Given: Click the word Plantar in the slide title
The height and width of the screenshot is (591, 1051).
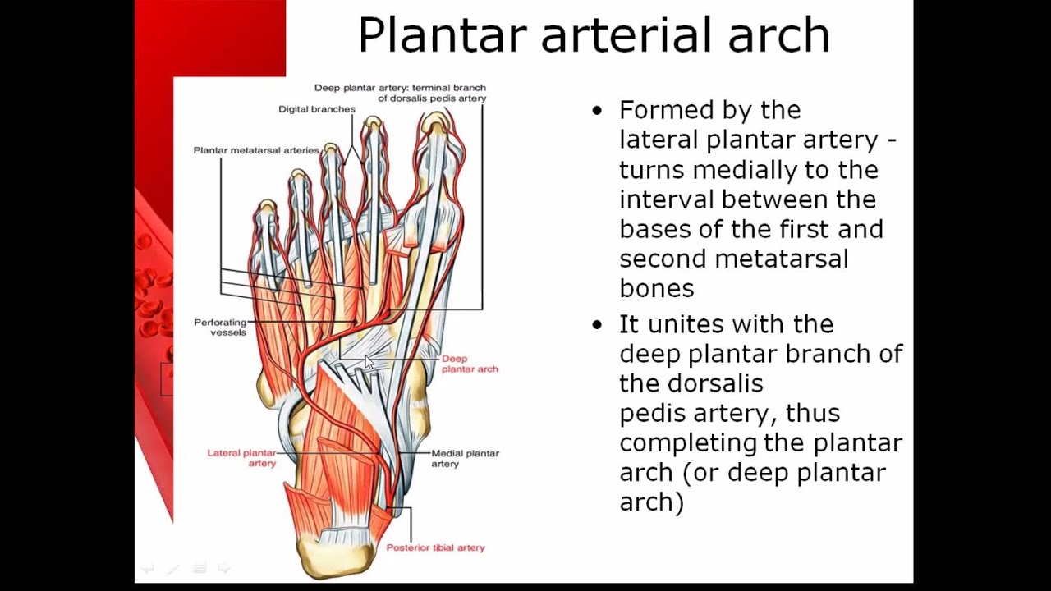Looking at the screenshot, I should pos(442,36).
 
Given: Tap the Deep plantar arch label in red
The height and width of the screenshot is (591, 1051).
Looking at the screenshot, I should pos(470,364).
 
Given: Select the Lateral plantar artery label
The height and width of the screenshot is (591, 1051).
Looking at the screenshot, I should pos(241,458).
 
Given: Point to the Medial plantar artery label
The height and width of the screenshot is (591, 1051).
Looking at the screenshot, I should pos(465,458).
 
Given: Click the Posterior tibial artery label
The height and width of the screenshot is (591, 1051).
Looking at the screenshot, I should pos(435,547).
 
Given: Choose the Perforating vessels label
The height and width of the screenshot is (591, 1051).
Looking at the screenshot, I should pos(220,327).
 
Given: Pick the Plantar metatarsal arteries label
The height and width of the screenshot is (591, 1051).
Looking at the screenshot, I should pos(256,150).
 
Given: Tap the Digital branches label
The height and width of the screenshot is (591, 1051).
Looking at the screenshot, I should pos(317,108).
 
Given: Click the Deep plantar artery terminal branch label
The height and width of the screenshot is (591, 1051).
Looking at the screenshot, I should pos(400,93).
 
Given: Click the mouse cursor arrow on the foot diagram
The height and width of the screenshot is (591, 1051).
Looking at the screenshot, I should pos(369,363).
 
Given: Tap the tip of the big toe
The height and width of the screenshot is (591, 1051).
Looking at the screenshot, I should pos(435,121).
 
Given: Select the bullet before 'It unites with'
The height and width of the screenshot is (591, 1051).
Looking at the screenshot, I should pos(597,325).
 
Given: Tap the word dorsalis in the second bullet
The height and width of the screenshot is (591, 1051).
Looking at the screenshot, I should pos(715,383).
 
